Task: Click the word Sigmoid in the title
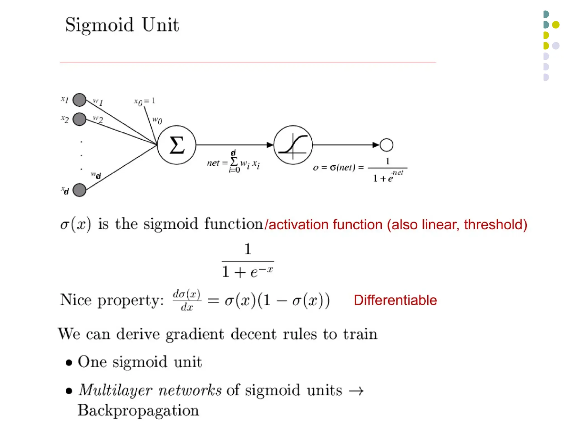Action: tap(99, 25)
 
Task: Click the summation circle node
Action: tap(177, 145)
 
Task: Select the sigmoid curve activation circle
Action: tap(293, 145)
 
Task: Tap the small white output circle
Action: tap(387, 145)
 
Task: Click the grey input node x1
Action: tap(79, 100)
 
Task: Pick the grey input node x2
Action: tap(79, 119)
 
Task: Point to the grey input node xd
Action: tap(79, 190)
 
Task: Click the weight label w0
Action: tap(157, 120)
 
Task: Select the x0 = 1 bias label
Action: tap(144, 101)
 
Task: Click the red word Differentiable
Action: tap(395, 300)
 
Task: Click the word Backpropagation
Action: tap(138, 410)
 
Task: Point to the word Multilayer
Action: tap(115, 390)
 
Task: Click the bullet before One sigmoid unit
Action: tap(69, 363)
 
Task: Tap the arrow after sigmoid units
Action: tap(356, 391)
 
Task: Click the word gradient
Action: tap(195, 334)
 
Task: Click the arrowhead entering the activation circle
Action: tap(270, 145)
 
